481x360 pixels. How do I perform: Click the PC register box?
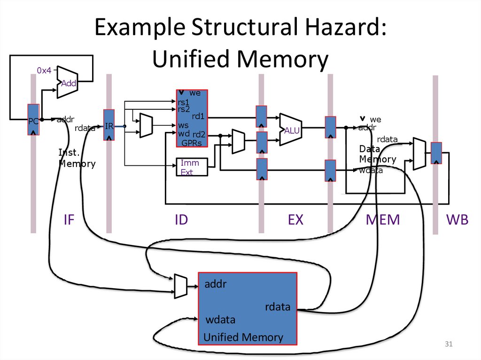(33, 120)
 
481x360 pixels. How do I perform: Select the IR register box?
(109, 125)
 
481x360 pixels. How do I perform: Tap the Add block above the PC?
(68, 83)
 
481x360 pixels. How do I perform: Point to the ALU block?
(290, 130)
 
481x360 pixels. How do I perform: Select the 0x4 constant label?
(44, 70)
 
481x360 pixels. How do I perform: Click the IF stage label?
(69, 219)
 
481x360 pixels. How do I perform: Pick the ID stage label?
(181, 219)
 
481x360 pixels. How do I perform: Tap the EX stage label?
(295, 219)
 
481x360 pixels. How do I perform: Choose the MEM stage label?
(383, 219)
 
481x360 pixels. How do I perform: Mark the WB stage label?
(458, 219)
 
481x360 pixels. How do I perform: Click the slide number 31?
(448, 345)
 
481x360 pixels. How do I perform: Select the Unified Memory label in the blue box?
(243, 337)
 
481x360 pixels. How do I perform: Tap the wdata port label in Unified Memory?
(220, 320)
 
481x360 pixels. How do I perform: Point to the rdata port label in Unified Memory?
(277, 307)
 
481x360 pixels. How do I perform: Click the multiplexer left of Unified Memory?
(180, 286)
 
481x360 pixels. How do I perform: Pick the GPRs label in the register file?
(191, 143)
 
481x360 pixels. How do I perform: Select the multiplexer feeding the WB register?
(419, 153)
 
